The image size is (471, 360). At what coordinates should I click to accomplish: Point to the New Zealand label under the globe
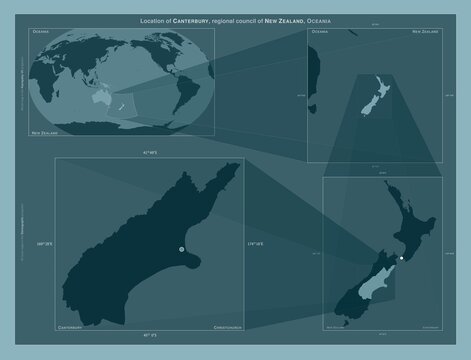tap(44, 131)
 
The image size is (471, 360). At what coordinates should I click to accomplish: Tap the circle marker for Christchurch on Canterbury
tap(181, 249)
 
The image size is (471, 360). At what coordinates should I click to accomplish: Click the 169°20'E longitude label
tap(41, 242)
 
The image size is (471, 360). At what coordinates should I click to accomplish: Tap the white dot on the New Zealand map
tap(401, 259)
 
